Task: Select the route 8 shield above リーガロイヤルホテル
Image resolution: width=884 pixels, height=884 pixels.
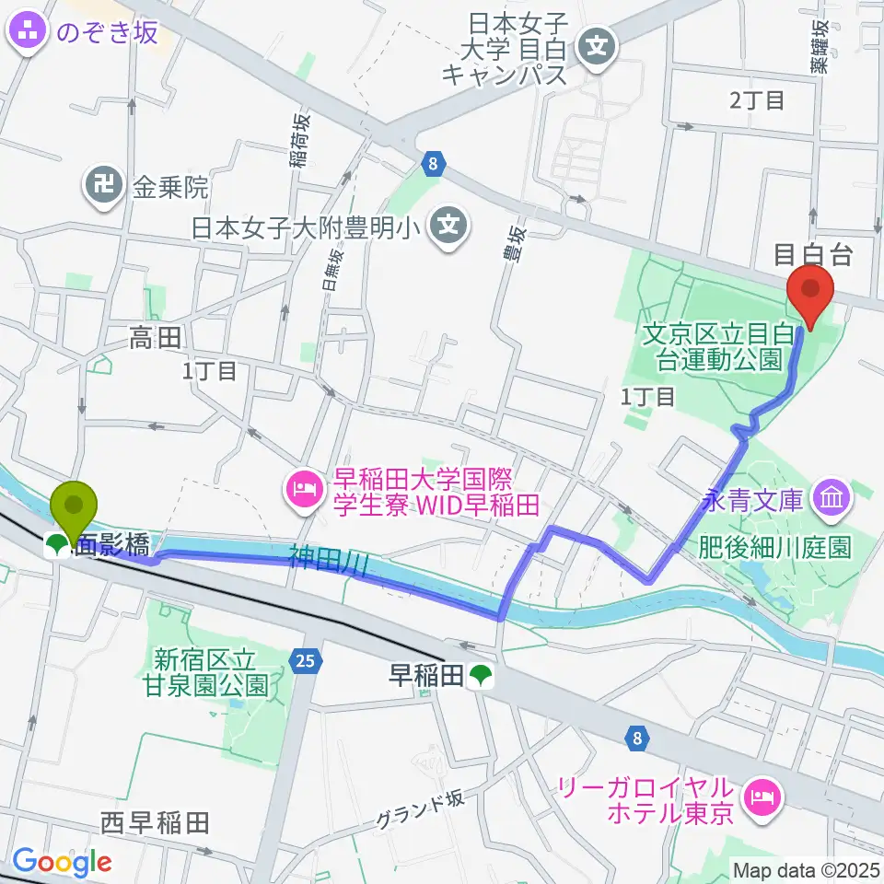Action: (636, 737)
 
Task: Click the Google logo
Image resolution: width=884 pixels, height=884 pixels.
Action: (62, 863)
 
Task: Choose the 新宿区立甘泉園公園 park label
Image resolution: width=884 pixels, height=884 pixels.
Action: (211, 671)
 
